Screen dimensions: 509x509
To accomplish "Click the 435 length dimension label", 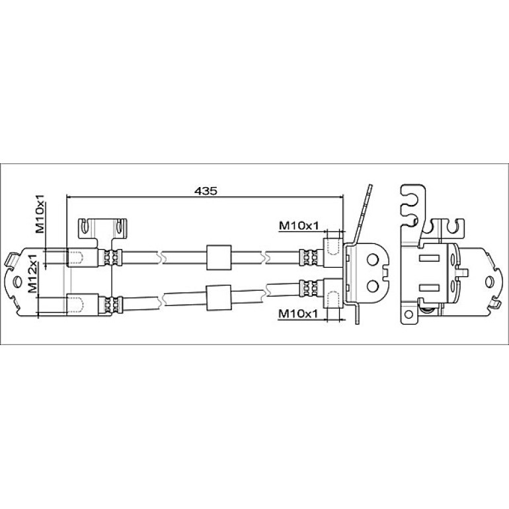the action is coord(206,191).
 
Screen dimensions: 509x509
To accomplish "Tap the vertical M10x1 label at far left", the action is coord(40,214).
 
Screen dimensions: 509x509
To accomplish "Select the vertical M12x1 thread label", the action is coord(32,273).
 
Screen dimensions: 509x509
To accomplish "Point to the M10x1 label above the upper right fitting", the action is coord(299,225).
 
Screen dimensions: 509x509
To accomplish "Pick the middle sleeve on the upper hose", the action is coord(219,257).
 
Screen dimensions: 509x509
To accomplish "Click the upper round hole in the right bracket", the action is coord(373,259).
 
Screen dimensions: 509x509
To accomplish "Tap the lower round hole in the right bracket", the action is coord(373,286).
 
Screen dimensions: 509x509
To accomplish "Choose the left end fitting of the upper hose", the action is coord(82,258).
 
